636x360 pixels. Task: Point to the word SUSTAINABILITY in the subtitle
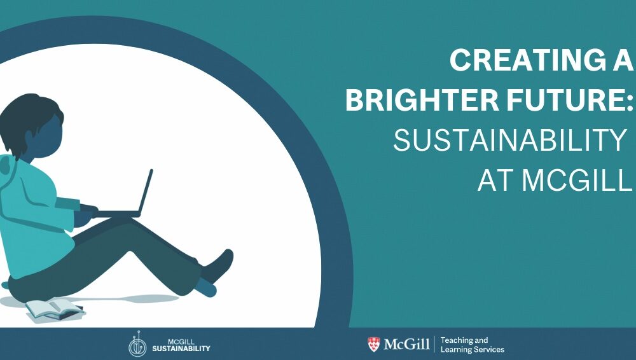[x=509, y=141]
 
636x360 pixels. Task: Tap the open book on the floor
[x=55, y=310]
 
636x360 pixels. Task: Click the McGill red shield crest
[x=373, y=344]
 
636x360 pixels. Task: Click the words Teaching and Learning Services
[x=472, y=345]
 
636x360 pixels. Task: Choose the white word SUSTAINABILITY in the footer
[x=181, y=348]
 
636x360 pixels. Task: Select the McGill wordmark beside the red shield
[x=406, y=345]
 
